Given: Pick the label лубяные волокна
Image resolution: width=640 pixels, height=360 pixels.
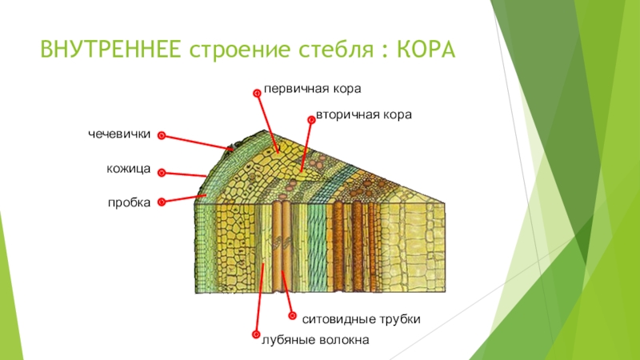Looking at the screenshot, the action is pos(314,340).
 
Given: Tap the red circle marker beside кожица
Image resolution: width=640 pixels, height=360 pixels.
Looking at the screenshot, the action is pos(161,171).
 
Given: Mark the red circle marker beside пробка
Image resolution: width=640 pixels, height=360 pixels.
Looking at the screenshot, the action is pos(161,203).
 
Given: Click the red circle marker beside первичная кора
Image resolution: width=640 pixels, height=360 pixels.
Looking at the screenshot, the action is pos(257,93).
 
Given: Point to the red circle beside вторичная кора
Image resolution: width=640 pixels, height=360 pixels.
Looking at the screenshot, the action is pos(311,118).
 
